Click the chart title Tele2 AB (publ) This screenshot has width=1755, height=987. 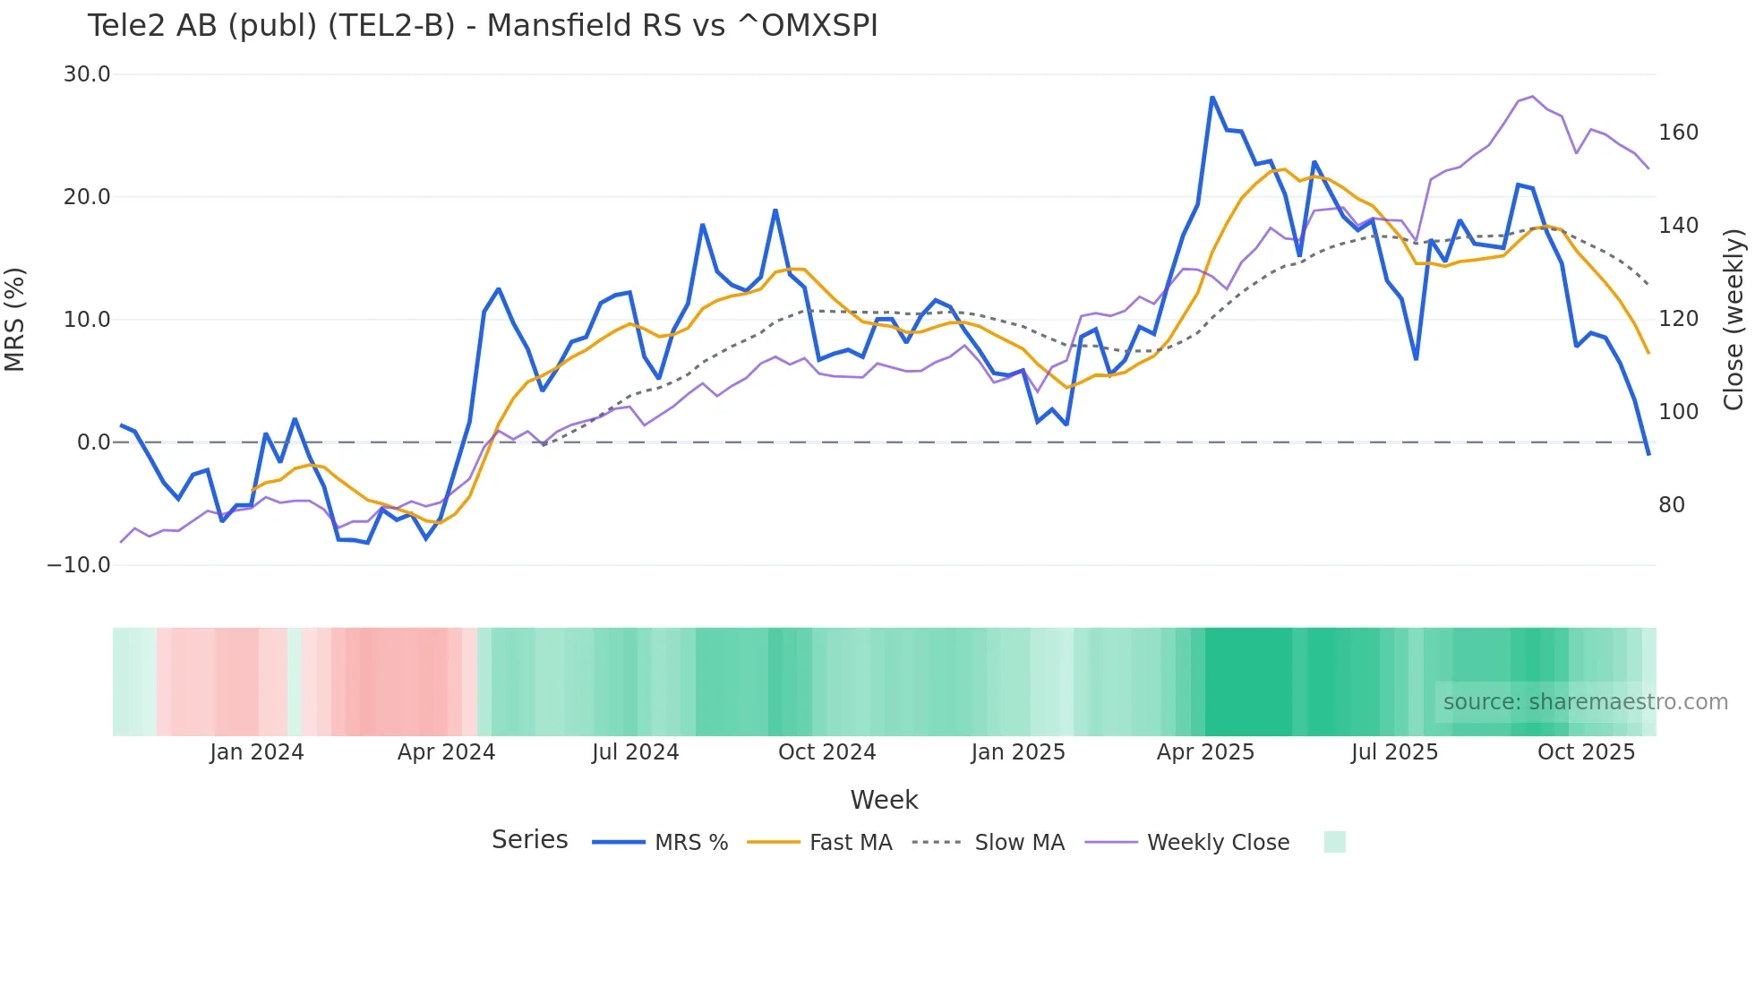pos(482,26)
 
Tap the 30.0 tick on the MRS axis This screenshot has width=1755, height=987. pos(87,74)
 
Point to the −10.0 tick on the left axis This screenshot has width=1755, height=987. pos(79,565)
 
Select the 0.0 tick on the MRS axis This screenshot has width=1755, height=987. pos(94,442)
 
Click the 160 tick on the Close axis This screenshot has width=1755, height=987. pos(1678,133)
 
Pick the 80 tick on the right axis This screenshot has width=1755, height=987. pos(1671,505)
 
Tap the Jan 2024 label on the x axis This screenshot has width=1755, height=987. pos(257,752)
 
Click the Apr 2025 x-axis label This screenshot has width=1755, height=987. pos(1205,752)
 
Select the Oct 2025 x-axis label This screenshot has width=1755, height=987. pos(1586,752)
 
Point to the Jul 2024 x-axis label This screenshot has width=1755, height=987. pos(636,752)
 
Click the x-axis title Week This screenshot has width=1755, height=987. pos(884,800)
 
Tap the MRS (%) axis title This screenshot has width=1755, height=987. pos(15,319)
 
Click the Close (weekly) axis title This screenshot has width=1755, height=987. pos(1734,319)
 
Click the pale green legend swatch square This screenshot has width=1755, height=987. pos(1334,842)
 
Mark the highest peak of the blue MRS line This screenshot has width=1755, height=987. pos(1212,98)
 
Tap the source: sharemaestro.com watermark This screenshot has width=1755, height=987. pos(1585,702)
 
